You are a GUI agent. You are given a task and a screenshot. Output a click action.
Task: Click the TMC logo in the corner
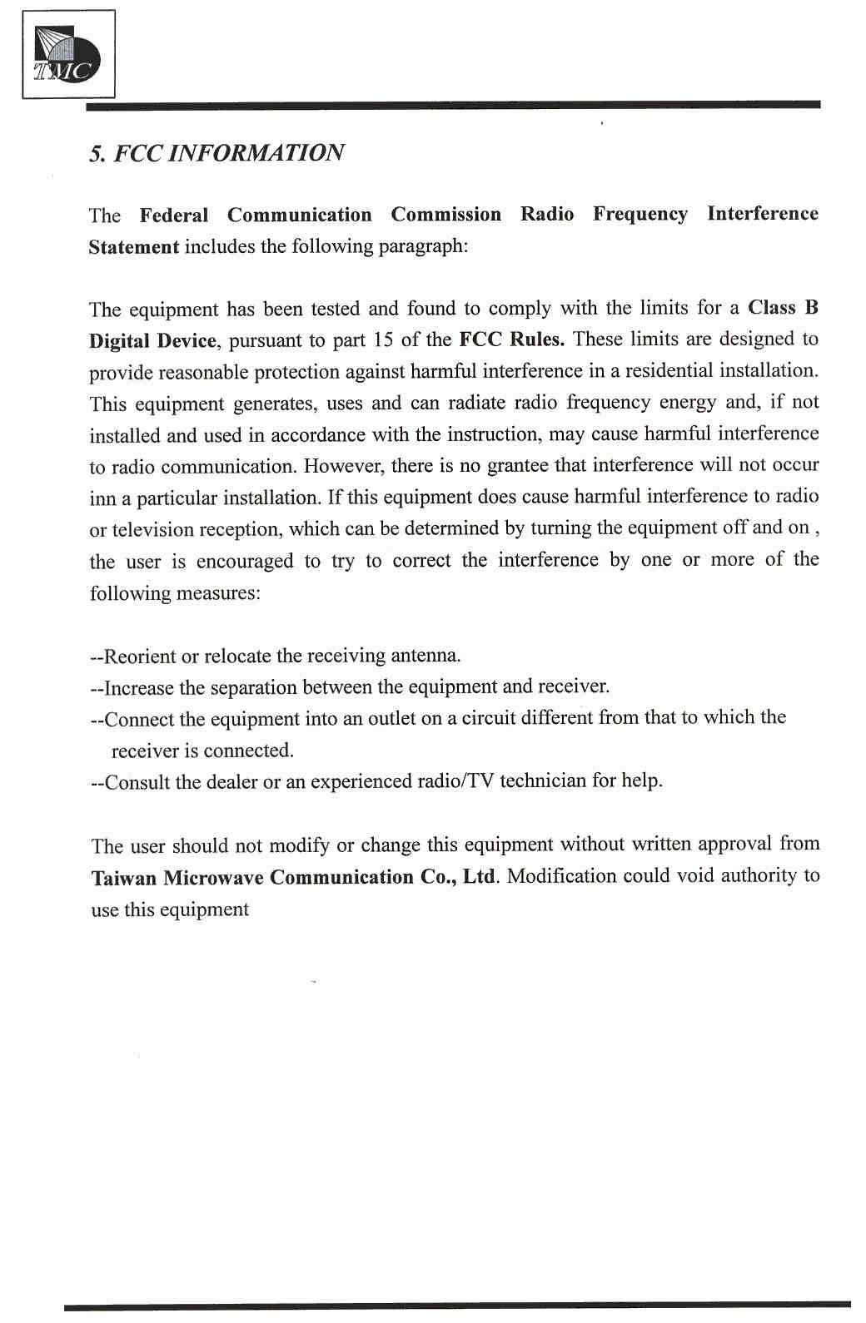67,55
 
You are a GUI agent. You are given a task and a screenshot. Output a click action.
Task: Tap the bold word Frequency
640,215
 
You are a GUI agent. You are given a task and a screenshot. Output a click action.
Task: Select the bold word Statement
133,247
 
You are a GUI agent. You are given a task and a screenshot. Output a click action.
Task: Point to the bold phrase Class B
783,308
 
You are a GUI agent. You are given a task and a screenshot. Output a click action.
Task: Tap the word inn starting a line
102,499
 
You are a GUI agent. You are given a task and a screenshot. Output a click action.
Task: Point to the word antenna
425,656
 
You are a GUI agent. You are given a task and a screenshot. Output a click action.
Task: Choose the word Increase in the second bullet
139,688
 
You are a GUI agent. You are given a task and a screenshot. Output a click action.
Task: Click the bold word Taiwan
123,878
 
